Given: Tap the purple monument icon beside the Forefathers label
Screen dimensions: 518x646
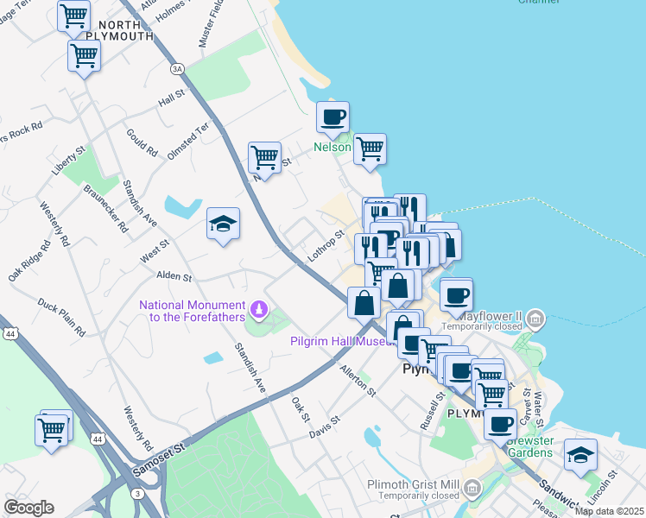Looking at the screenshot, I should (257, 308).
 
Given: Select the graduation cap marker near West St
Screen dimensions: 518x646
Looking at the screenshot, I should (224, 224).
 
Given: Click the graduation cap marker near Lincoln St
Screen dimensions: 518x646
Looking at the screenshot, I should (580, 455).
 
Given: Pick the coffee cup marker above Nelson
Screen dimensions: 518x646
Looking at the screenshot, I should (332, 117).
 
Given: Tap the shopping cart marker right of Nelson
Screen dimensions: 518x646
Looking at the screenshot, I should (370, 148).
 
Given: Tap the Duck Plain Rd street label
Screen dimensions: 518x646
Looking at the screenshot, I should (61, 317).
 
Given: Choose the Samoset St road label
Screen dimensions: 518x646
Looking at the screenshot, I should (161, 460).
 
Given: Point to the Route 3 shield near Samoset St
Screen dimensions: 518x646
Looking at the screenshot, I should (139, 492).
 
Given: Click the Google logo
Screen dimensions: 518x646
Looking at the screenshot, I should (28, 508).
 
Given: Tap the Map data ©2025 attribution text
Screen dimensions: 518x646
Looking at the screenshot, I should (609, 511).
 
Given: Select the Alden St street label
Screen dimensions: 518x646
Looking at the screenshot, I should (174, 275).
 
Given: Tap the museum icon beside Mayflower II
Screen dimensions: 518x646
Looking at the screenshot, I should (535, 321).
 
